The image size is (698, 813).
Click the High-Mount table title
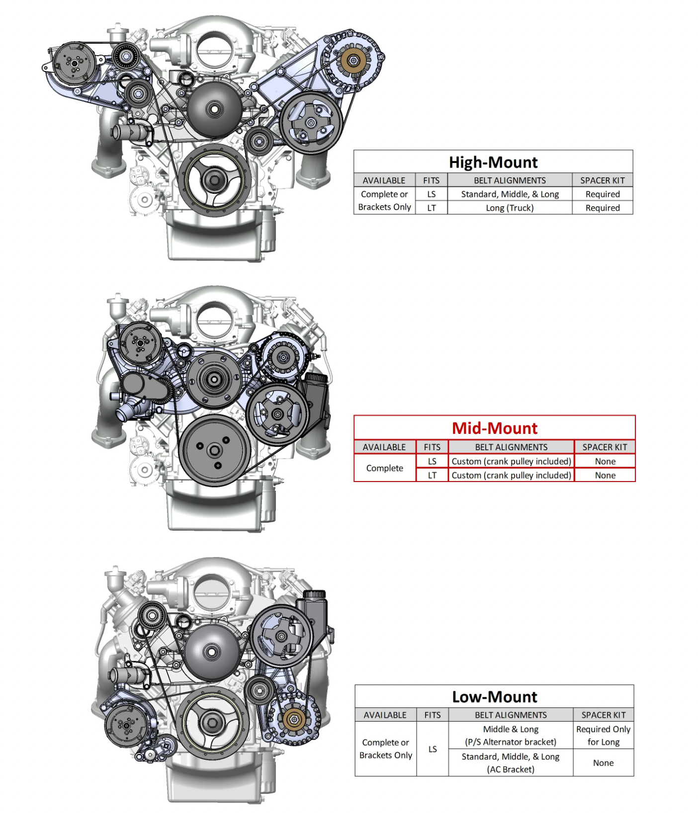[493, 163]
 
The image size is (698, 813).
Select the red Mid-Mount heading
[495, 428]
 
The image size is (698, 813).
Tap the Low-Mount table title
[495, 697]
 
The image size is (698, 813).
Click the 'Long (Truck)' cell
[510, 208]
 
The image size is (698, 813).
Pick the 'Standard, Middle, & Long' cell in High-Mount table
[510, 194]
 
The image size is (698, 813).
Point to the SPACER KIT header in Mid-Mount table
[605, 447]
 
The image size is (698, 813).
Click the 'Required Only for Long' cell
[603, 735]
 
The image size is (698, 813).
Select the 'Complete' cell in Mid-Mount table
[384, 468]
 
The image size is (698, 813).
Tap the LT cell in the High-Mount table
[431, 208]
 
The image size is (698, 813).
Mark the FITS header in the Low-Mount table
[432, 715]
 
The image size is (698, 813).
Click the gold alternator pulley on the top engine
[353, 61]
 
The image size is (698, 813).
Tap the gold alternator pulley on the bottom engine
[294, 719]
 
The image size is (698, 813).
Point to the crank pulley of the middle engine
[215, 451]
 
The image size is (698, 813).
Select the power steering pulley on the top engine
[311, 122]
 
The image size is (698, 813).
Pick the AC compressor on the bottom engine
[126, 726]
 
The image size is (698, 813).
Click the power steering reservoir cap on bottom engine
[314, 594]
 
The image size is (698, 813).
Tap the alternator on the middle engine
[283, 357]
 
